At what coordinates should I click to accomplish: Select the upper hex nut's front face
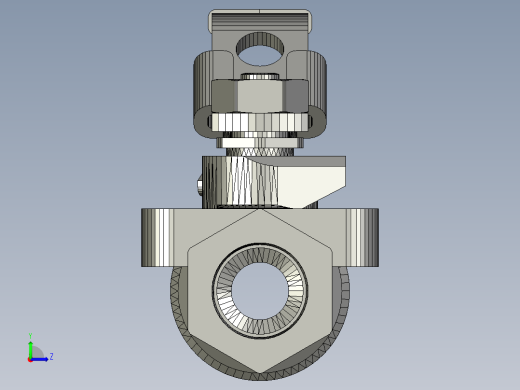point(260,96)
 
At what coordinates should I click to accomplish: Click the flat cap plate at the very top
point(260,19)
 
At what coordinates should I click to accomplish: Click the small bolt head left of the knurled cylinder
point(200,186)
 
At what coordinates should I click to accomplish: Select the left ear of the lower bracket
point(157,237)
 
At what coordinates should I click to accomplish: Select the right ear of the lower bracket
point(363,237)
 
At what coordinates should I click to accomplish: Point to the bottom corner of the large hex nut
point(260,370)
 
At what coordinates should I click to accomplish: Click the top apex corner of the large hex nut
point(260,211)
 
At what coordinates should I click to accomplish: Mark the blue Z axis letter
point(51,356)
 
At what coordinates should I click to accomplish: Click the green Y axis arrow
point(31,346)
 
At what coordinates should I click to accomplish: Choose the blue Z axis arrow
point(42,357)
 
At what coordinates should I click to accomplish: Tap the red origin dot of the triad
point(31,357)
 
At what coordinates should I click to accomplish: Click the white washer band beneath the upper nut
point(260,123)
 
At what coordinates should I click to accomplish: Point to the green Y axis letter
point(31,336)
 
